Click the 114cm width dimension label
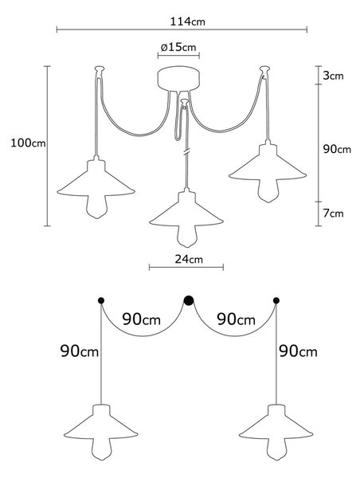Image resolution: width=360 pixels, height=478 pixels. coord(187,22)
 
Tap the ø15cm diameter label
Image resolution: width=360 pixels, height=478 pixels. coord(178,47)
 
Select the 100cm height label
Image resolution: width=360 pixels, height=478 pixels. coord(28,143)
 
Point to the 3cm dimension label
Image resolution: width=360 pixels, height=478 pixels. coord(333,76)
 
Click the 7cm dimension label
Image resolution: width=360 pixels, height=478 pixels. coord(333,214)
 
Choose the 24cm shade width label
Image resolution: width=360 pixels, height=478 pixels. coord(189,259)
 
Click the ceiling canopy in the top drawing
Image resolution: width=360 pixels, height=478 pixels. coord(178,79)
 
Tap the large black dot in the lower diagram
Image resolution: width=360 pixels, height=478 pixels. coord(189,300)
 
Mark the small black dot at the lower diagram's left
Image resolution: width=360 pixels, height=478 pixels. coord(101,301)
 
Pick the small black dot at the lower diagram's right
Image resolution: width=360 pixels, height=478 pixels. coord(276,301)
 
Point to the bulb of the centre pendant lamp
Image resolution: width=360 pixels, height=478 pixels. coord(186,237)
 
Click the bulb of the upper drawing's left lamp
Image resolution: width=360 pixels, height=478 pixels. coord(96,207)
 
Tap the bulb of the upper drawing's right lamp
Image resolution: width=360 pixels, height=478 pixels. coord(268,191)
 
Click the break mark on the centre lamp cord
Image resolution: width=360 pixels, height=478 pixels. coord(186,151)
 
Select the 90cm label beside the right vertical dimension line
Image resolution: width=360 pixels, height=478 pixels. coord(337,149)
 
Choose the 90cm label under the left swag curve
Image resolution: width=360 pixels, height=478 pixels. coord(142,319)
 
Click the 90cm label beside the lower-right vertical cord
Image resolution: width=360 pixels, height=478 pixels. coord(298,351)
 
